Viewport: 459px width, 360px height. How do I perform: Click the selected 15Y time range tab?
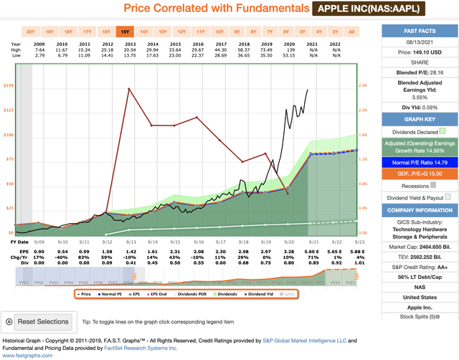[126, 32]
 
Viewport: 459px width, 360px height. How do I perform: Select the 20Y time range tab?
[31, 32]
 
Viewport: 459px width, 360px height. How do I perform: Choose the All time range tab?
[351, 32]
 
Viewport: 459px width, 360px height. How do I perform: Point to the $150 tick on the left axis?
[8, 85]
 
